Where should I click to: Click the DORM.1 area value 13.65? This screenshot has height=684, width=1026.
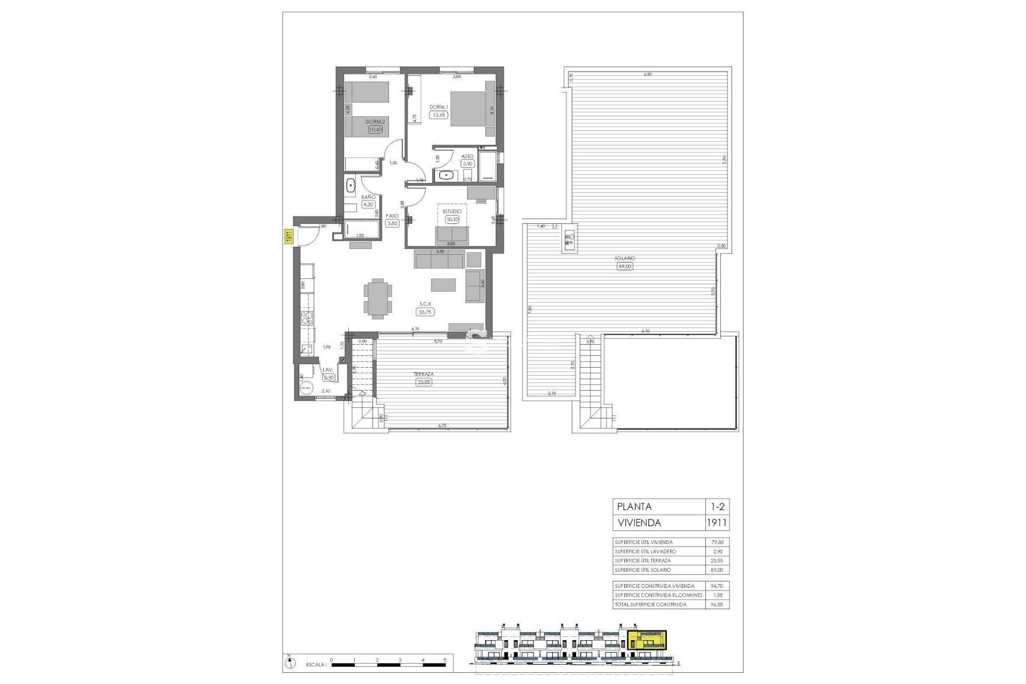pyautogui.click(x=439, y=115)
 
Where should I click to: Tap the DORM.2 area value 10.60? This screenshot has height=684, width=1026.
pyautogui.click(x=375, y=129)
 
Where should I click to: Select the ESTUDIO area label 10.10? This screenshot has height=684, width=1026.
pyautogui.click(x=452, y=219)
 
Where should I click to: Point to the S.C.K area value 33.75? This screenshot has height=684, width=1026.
pyautogui.click(x=425, y=312)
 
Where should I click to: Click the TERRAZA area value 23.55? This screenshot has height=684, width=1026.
pyautogui.click(x=424, y=382)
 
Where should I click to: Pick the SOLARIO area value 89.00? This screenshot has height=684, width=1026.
pyautogui.click(x=624, y=266)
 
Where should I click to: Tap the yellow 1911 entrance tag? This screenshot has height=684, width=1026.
pyautogui.click(x=287, y=237)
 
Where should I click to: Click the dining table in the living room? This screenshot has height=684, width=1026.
pyautogui.click(x=378, y=298)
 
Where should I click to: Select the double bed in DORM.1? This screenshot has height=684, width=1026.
pyautogui.click(x=472, y=109)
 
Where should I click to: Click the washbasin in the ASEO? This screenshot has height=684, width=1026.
pyautogui.click(x=446, y=174)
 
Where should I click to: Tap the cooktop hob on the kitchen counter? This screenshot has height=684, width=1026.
pyautogui.click(x=307, y=319)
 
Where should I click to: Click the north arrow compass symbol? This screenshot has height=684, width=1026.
pyautogui.click(x=289, y=663)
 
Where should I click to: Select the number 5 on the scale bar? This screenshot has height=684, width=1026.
pyautogui.click(x=445, y=660)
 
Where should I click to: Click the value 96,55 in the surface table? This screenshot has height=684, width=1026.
pyautogui.click(x=717, y=604)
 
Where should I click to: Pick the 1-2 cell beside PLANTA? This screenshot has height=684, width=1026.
pyautogui.click(x=717, y=506)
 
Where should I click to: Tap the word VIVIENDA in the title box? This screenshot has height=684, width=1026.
pyautogui.click(x=639, y=523)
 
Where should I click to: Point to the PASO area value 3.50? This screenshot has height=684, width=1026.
pyautogui.click(x=392, y=223)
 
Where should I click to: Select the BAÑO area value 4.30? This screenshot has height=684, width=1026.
pyautogui.click(x=368, y=204)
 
